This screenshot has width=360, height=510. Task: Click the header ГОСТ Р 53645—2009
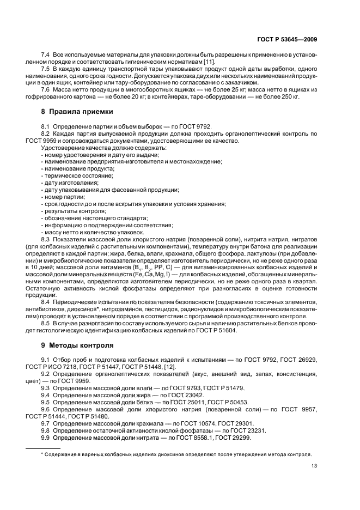click(x=291, y=39)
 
